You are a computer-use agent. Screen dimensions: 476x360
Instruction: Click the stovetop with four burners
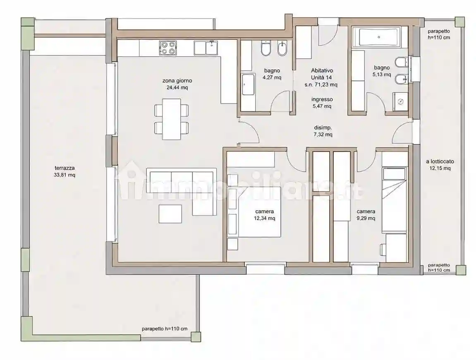167,48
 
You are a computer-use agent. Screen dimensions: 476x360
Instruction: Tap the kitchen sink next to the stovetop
206,48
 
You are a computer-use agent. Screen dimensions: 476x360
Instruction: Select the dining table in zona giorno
172,119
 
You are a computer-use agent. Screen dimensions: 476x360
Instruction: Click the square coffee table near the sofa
170,214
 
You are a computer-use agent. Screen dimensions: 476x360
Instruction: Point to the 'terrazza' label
65,168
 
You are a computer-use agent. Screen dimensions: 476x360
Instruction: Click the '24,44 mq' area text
177,87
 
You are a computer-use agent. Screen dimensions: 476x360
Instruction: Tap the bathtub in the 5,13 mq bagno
378,37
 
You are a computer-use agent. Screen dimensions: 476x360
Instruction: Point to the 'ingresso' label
322,99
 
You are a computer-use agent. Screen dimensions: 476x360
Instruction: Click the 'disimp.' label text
323,127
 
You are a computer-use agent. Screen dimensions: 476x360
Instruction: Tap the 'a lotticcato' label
440,162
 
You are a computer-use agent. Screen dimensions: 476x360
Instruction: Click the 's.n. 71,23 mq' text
321,84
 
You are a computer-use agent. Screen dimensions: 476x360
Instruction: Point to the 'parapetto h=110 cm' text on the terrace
165,329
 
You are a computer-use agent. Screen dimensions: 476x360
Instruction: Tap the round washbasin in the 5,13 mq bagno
401,102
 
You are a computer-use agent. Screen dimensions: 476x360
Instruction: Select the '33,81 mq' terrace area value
65,175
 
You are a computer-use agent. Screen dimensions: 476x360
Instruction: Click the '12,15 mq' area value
440,168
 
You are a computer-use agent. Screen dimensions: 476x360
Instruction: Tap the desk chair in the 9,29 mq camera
383,249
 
